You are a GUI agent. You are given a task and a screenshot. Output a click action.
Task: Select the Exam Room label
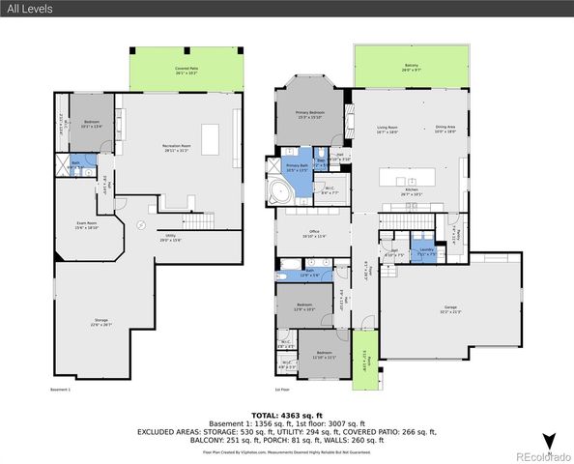tap(88, 226)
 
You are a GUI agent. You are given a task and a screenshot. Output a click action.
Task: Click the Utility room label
tap(170, 238)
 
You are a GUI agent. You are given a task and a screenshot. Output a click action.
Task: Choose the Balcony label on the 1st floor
tap(412, 68)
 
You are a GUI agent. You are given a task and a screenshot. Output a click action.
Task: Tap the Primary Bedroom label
tap(309, 114)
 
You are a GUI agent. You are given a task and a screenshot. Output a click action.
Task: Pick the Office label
tap(314, 233)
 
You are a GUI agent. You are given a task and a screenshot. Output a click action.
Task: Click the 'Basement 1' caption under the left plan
tap(62, 390)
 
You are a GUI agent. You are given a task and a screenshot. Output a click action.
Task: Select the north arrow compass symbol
tap(549, 441)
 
